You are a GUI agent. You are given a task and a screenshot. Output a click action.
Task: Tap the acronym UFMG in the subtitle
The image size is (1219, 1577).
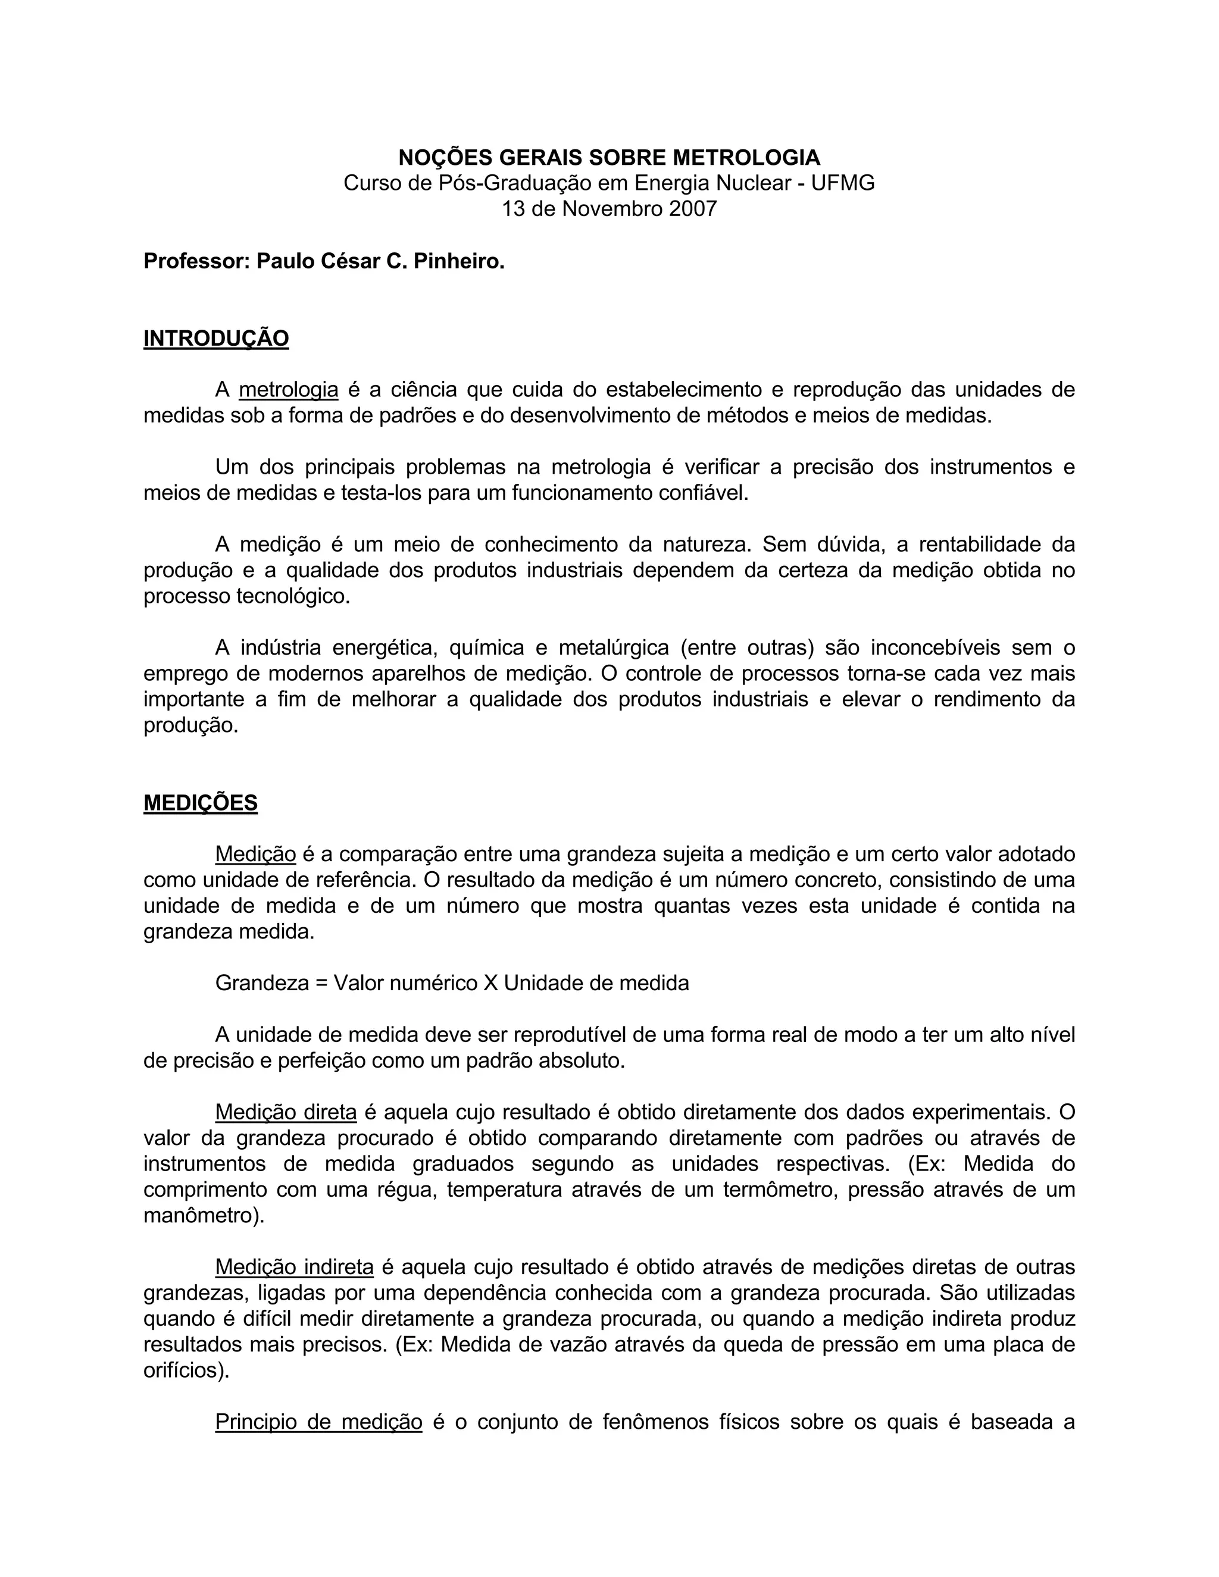click(x=843, y=183)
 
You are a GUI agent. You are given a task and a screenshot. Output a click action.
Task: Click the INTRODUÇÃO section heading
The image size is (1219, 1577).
click(x=216, y=339)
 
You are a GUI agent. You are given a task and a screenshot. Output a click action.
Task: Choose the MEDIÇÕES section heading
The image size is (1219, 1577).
click(x=200, y=803)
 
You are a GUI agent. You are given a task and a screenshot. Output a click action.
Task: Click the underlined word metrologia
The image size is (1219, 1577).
click(x=288, y=390)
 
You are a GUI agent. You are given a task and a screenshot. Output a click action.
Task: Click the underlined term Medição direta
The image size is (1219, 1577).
click(x=286, y=1113)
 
